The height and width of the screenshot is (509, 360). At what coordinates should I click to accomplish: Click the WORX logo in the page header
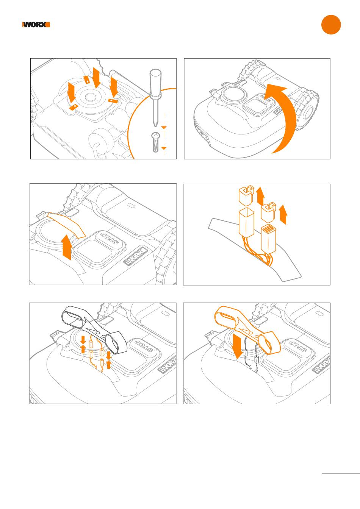click(36, 25)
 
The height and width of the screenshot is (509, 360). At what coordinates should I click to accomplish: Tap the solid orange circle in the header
click(331, 25)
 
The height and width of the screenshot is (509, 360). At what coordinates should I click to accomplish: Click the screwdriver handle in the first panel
click(155, 83)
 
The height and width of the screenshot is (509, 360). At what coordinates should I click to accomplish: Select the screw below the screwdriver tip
click(155, 142)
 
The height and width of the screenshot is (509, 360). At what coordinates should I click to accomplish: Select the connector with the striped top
click(269, 239)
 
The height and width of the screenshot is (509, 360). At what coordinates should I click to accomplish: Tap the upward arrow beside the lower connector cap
click(283, 214)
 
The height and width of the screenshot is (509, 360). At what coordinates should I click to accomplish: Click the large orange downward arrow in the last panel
click(238, 347)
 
